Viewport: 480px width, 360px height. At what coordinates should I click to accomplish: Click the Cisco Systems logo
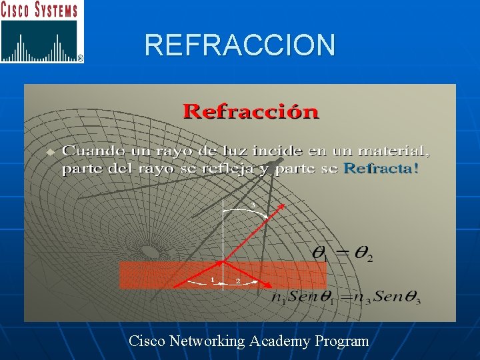(42, 32)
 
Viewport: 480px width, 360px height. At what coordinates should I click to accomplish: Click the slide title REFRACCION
(240, 45)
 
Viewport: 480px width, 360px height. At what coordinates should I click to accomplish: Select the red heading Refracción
(251, 111)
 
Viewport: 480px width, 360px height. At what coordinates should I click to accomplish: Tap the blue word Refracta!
(381, 169)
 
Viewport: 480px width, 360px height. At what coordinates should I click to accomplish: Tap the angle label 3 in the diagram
(253, 204)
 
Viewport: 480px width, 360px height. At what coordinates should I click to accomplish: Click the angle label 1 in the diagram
(213, 280)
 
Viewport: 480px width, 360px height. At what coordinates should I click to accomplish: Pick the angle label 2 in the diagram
(238, 281)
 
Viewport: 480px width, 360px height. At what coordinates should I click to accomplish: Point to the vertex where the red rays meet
(223, 260)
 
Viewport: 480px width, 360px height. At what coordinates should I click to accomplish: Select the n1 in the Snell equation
(277, 298)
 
